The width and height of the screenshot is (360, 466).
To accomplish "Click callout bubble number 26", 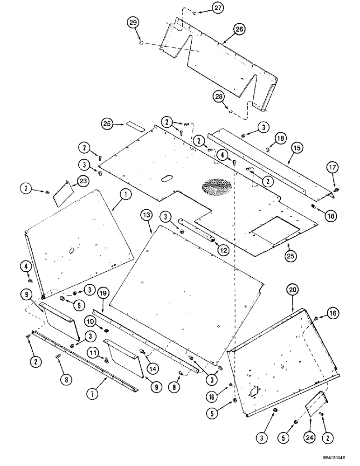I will click(x=239, y=29).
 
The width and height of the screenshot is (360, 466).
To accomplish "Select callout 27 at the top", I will click(x=206, y=7).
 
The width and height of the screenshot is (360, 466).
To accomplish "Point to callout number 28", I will click(x=218, y=97).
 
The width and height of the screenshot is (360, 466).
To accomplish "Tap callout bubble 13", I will click(x=146, y=215).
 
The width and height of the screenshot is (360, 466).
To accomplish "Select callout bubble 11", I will click(x=94, y=354).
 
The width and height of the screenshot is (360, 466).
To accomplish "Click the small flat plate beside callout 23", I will click(x=61, y=193).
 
